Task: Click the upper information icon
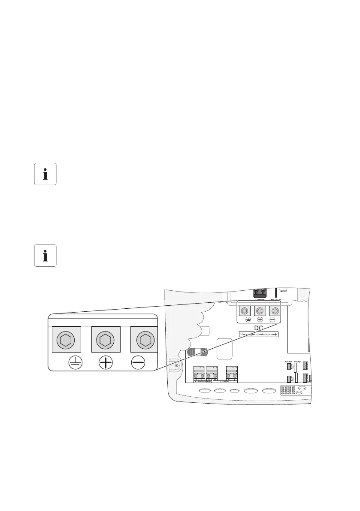pos(45,174)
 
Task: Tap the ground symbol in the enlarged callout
pos(76,363)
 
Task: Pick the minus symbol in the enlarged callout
pos(138,363)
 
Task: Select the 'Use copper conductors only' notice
pos(258,334)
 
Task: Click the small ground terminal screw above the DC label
pos(245,310)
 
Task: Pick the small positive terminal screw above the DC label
pos(259,310)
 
